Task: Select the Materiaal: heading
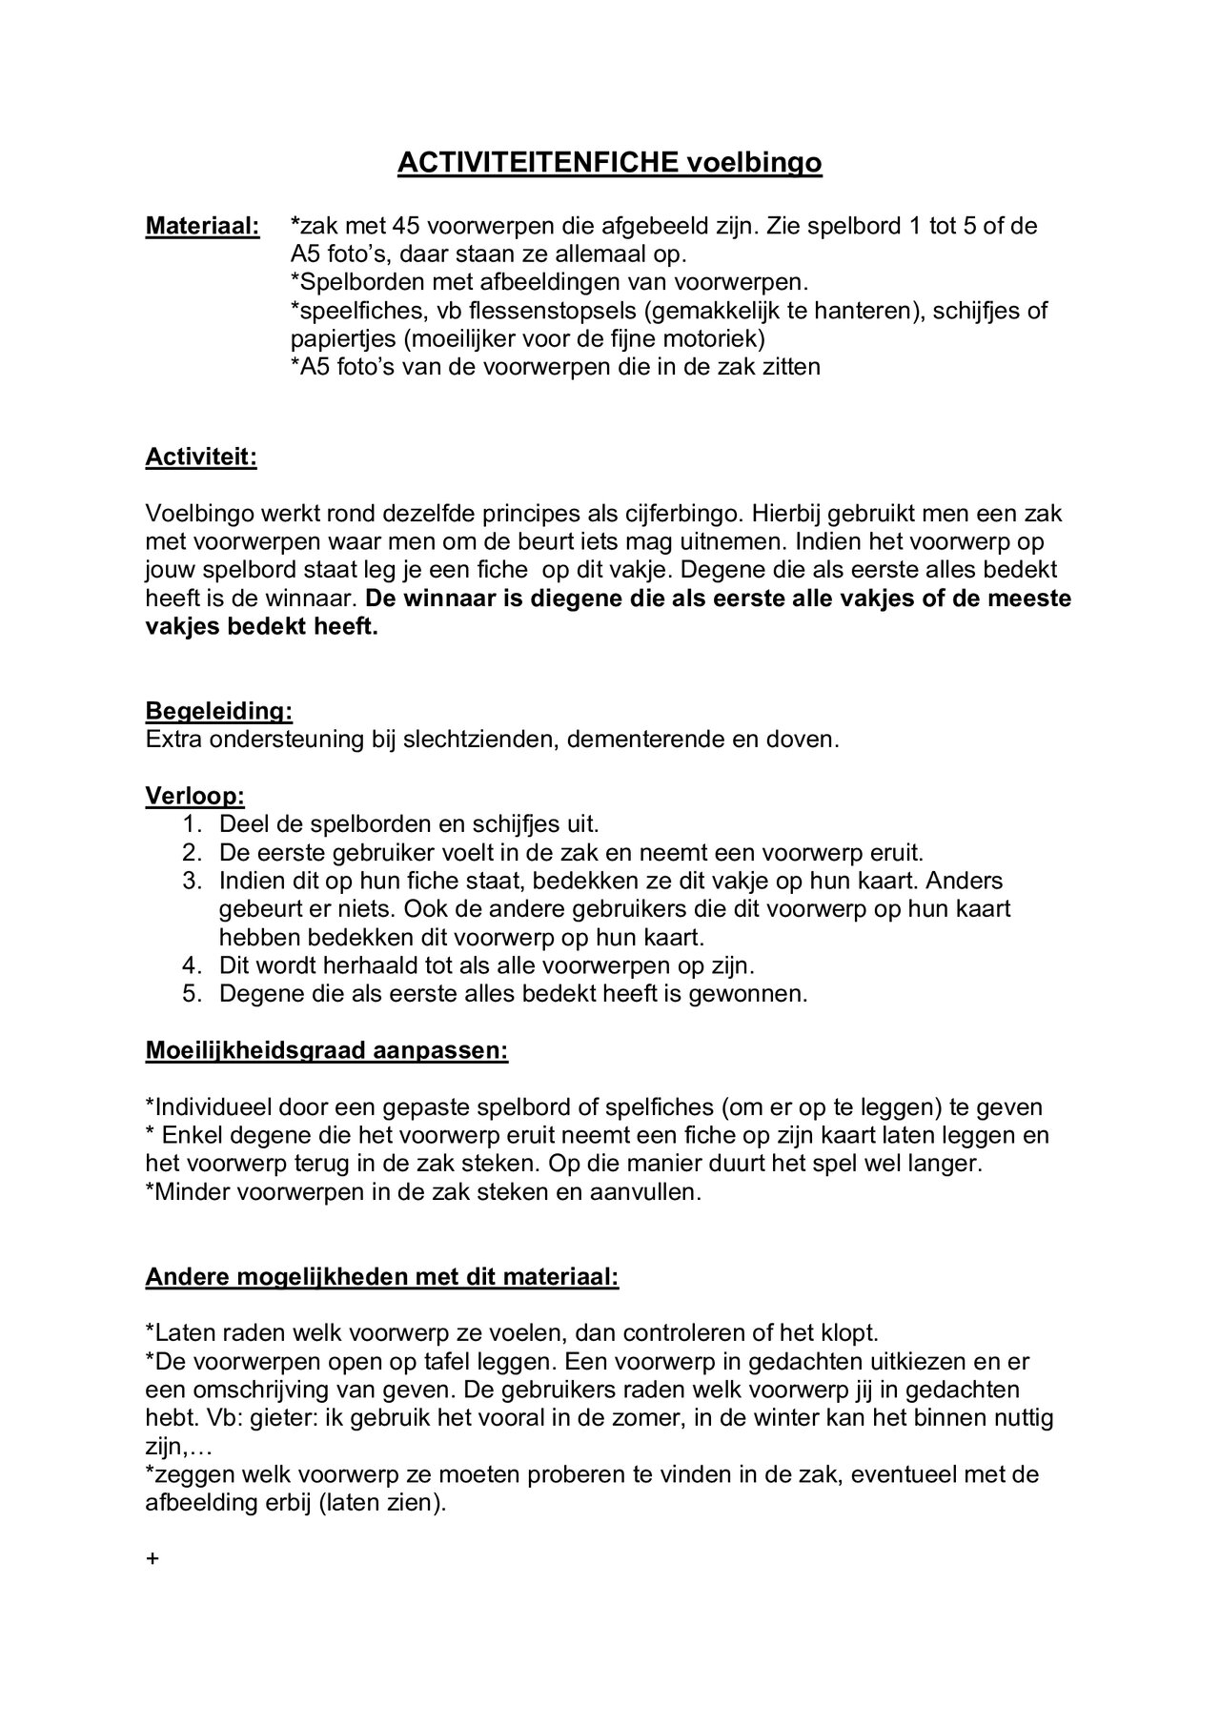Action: point(202,227)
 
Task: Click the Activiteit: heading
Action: point(201,457)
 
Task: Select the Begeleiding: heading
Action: point(218,711)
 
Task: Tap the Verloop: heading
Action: point(194,796)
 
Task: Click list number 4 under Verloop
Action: point(192,965)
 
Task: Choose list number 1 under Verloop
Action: point(192,824)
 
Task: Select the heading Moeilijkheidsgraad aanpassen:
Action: point(327,1051)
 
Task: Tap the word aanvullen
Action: point(654,1192)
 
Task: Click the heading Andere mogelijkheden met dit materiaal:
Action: point(382,1277)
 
